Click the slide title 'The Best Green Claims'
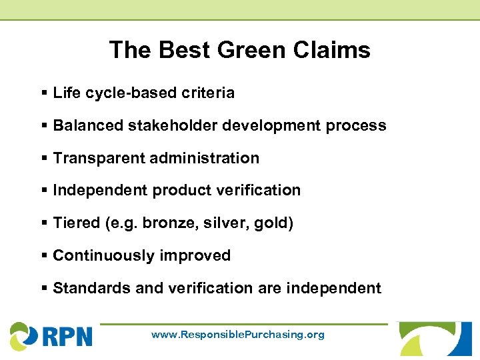[239, 50]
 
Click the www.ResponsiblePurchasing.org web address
[238, 335]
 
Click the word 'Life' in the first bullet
[66, 93]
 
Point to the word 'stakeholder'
[163, 125]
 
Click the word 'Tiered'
[76, 223]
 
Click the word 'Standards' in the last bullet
[86, 288]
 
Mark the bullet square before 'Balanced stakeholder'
[44, 125]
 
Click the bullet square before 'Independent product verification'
[44, 191]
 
